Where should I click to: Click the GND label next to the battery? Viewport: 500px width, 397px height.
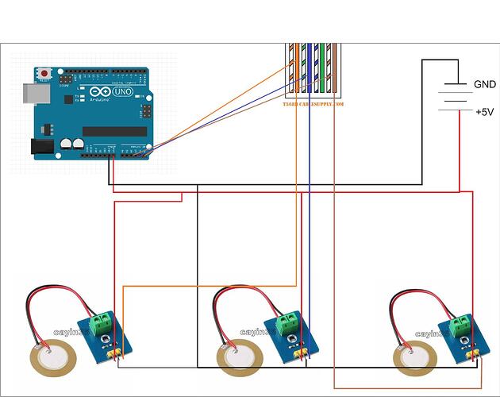coord(484,84)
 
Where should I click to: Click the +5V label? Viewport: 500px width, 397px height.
coord(484,112)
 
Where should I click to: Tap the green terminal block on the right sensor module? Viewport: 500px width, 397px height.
coord(460,324)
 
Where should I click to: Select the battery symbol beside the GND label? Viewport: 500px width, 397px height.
coord(454,97)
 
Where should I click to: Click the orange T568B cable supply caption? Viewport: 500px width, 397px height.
coord(313,104)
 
